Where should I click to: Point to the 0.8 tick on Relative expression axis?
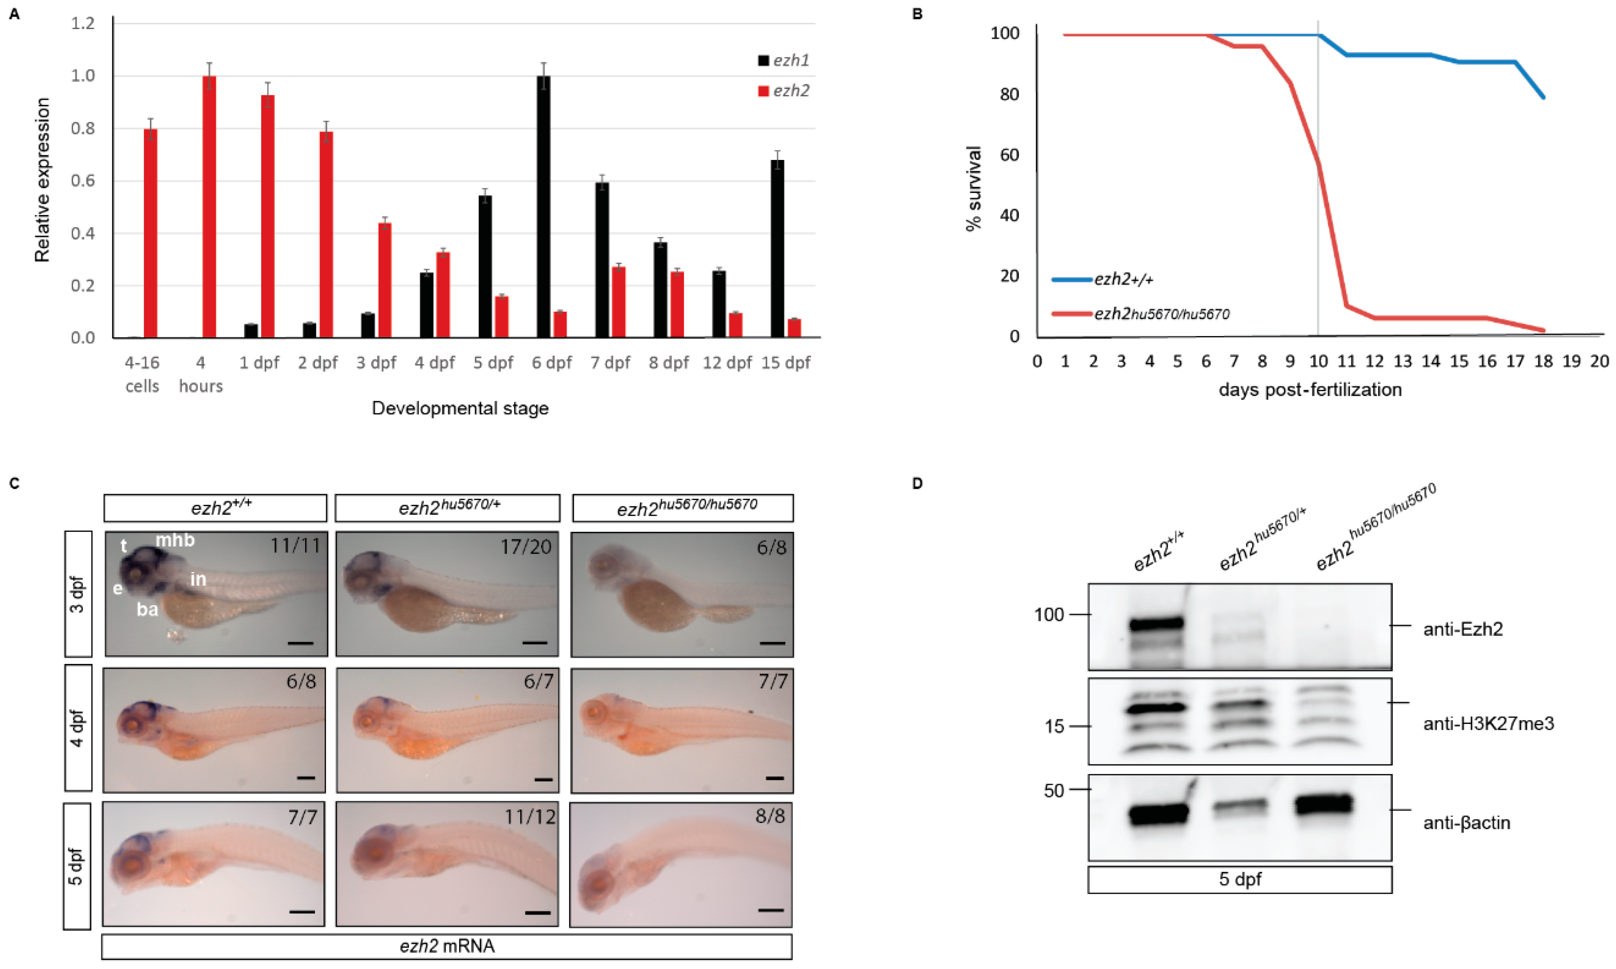coord(83,129)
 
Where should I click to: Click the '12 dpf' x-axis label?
coord(727,363)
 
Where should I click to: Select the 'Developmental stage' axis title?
coord(460,409)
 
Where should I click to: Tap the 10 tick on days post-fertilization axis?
coord(1318,362)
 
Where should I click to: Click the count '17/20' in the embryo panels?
coord(526,547)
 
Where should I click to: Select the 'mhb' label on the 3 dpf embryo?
coord(175,540)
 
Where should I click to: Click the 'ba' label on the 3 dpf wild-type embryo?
coord(147,610)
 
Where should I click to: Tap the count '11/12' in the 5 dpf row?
coord(530,817)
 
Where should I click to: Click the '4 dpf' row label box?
coord(78,728)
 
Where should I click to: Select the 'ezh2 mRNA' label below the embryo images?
coord(447,946)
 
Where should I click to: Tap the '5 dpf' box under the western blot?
coord(1239,879)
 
